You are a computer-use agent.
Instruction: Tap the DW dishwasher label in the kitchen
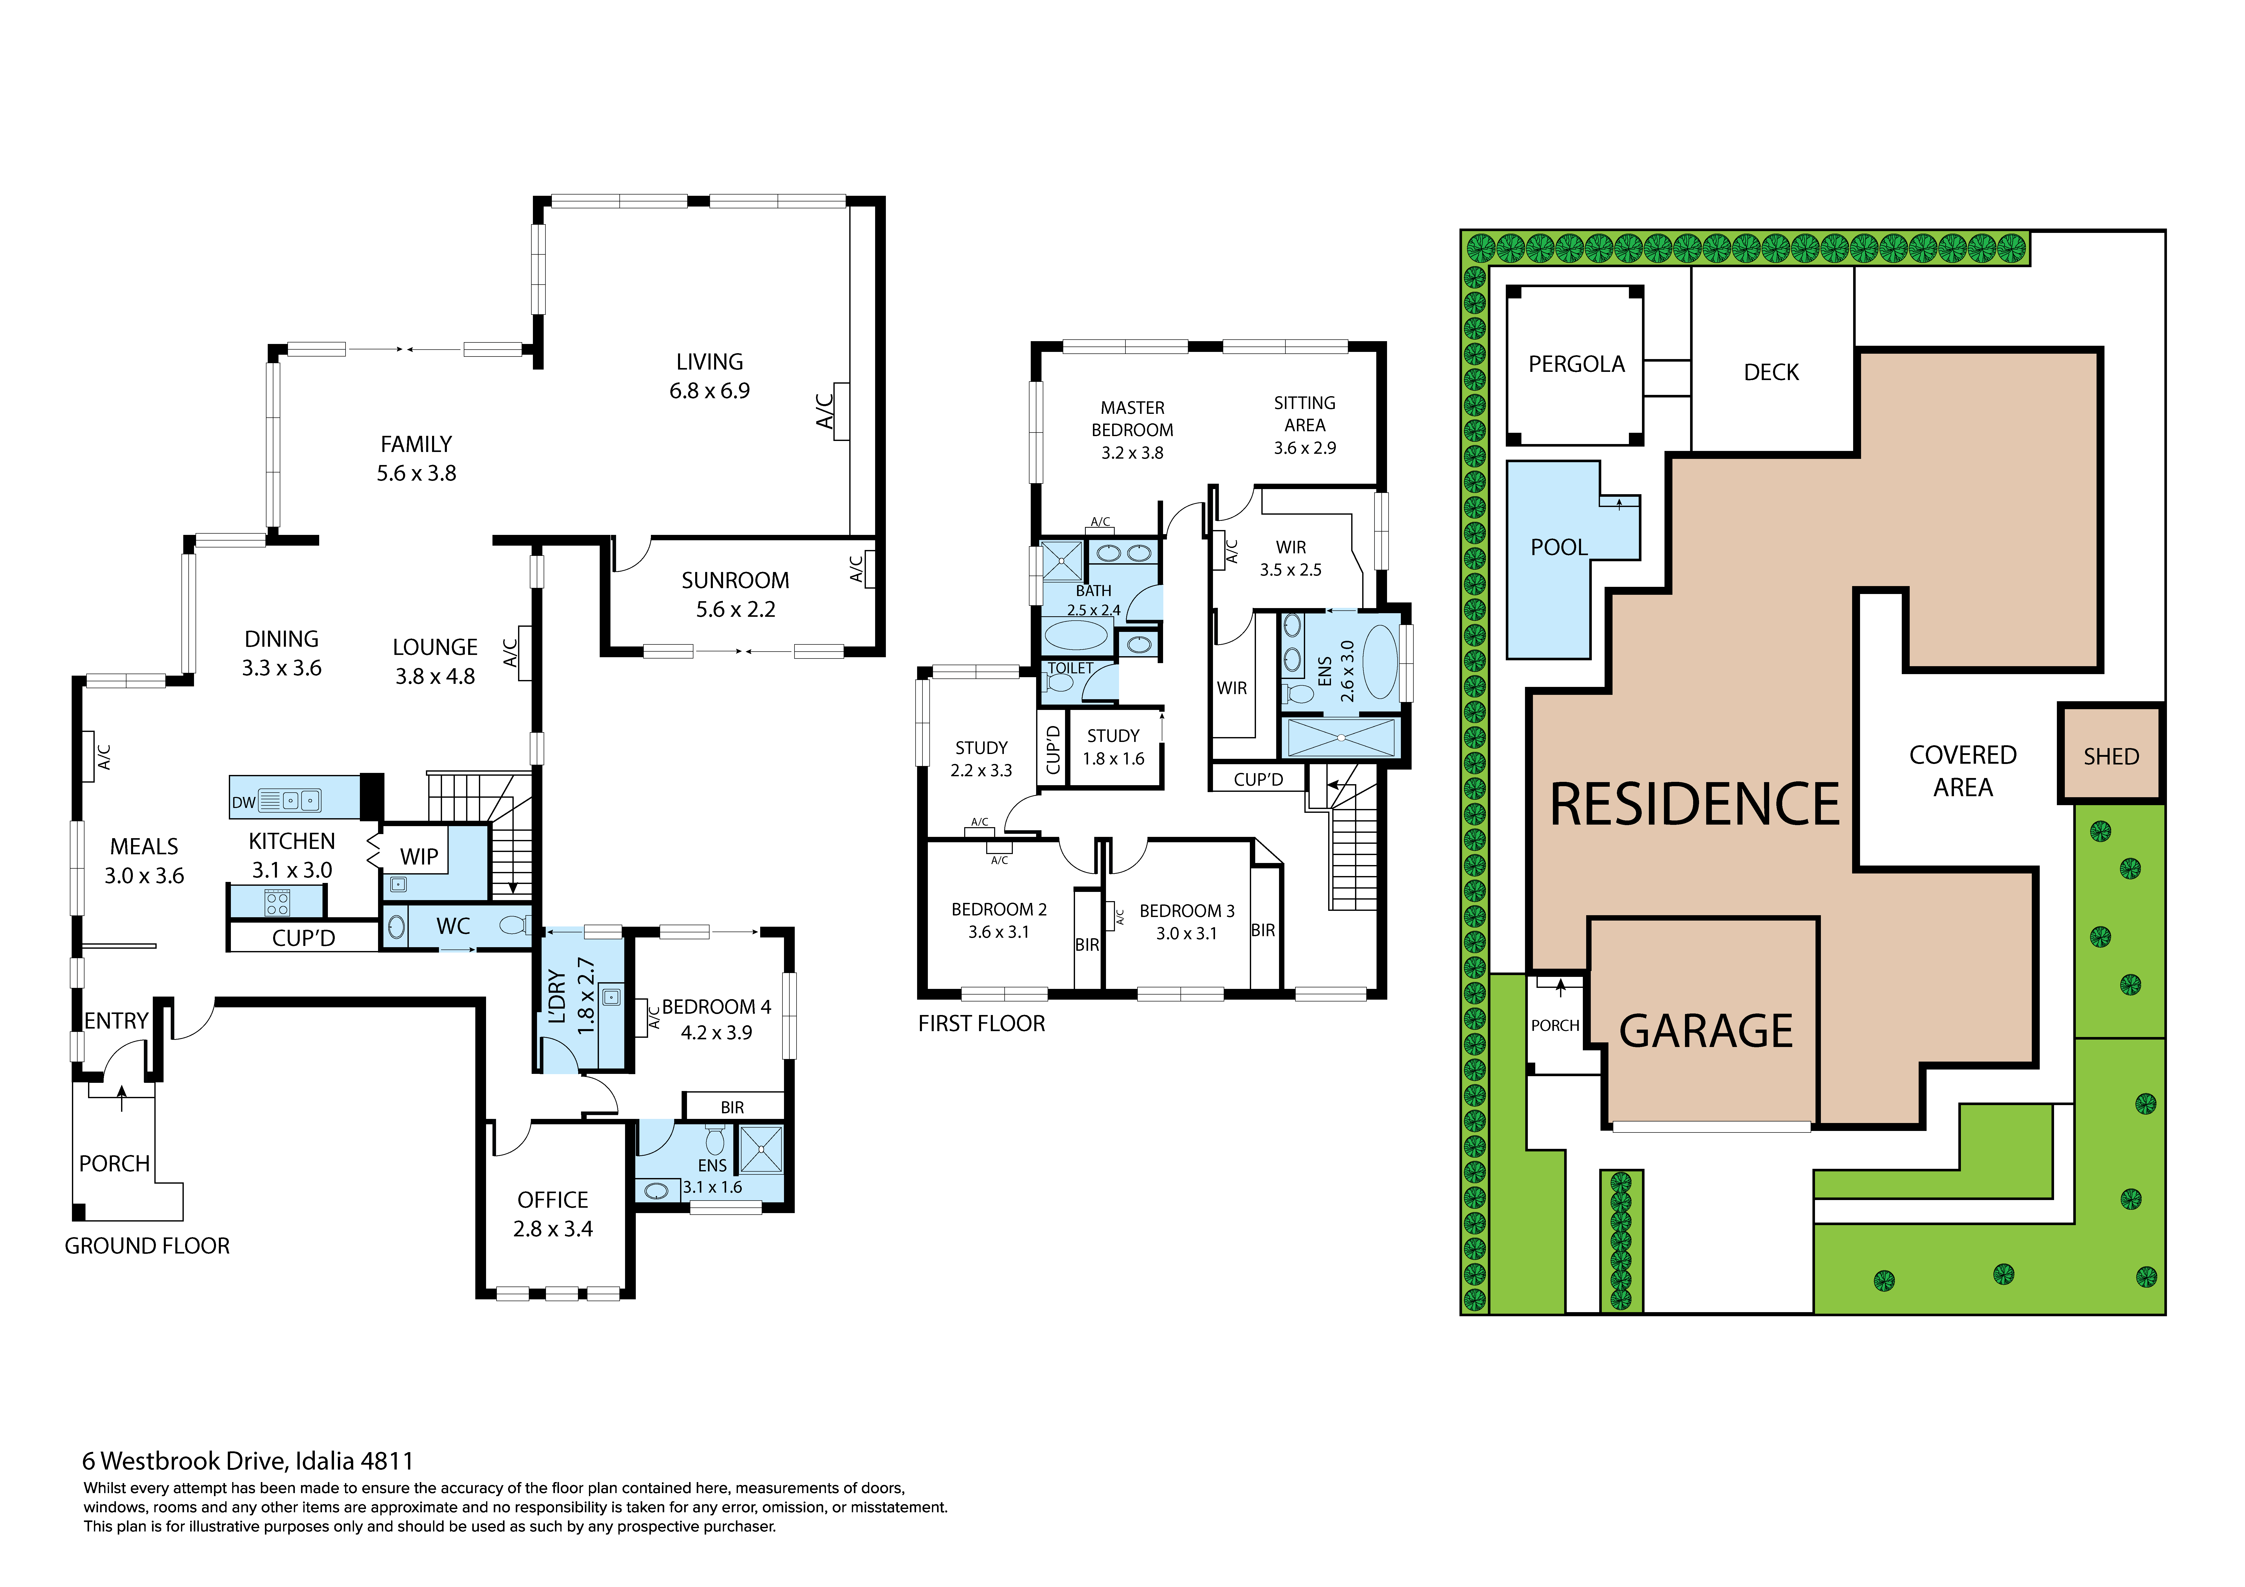tap(243, 803)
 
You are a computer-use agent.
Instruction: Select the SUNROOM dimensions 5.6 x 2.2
tap(735, 609)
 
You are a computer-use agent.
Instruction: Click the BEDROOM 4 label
tap(717, 1006)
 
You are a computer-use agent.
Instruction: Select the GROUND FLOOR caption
tap(147, 1246)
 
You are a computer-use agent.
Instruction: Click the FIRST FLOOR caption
tap(982, 1024)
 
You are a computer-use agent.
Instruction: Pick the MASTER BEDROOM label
tap(1132, 418)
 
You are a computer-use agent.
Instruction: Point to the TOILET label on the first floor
tap(1071, 668)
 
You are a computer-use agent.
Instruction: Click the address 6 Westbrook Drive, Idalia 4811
tap(248, 1461)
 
